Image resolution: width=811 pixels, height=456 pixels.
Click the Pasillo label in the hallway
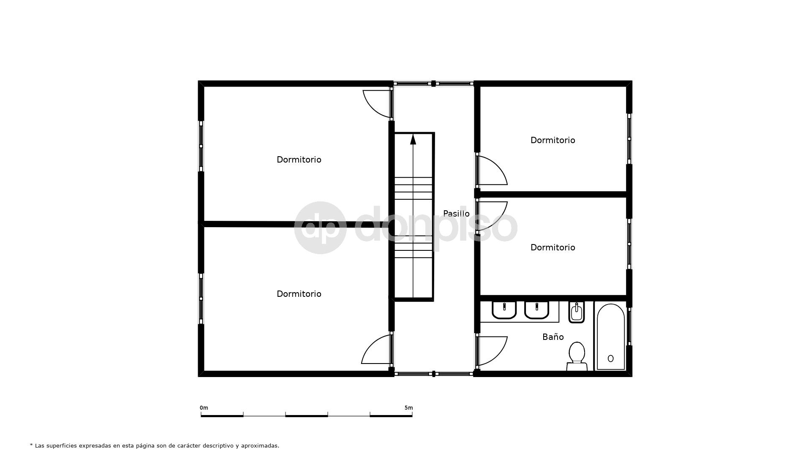(456, 214)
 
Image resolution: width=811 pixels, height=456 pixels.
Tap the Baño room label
(553, 337)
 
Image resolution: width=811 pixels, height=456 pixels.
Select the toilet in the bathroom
(577, 356)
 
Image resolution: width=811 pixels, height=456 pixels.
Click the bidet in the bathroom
(577, 312)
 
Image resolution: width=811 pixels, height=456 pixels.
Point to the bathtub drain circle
(610, 358)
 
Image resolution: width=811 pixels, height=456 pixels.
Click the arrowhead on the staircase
(413, 139)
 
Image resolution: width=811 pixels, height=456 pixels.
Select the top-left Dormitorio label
(299, 160)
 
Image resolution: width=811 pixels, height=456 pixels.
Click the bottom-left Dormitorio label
(299, 294)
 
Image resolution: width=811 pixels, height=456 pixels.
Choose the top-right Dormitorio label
(553, 140)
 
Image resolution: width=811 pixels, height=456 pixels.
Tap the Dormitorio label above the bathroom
(553, 247)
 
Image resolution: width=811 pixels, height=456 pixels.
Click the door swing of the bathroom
(492, 350)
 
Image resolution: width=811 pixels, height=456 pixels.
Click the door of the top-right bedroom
(492, 171)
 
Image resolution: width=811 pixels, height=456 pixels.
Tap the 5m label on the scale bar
(408, 408)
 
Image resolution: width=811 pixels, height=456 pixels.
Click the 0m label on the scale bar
(204, 408)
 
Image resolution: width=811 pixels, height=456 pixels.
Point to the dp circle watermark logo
(320, 228)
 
